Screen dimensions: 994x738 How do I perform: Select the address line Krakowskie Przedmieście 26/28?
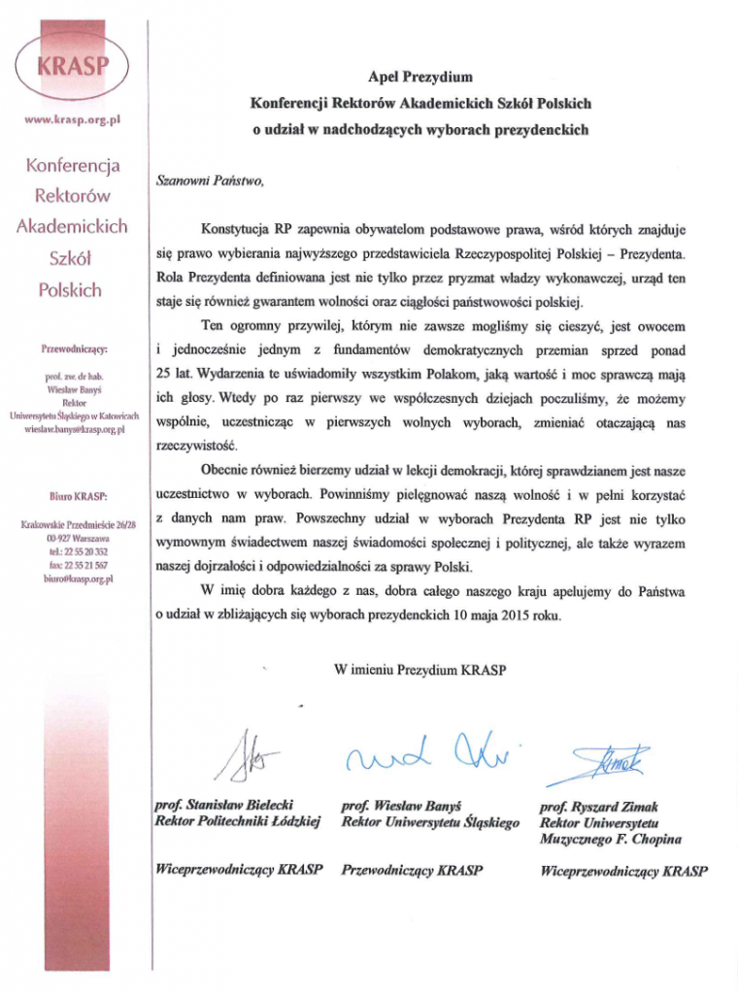pyautogui.click(x=74, y=525)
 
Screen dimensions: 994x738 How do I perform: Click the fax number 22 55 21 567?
pyautogui.click(x=74, y=564)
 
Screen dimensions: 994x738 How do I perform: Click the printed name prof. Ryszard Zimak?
pyautogui.click(x=597, y=807)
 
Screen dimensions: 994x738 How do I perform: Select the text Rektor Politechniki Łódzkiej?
pyautogui.click(x=238, y=822)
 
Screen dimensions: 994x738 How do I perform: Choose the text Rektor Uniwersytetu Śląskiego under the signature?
pyautogui.click(x=430, y=822)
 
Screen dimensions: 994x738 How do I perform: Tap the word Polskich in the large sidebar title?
pyautogui.click(x=69, y=290)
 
